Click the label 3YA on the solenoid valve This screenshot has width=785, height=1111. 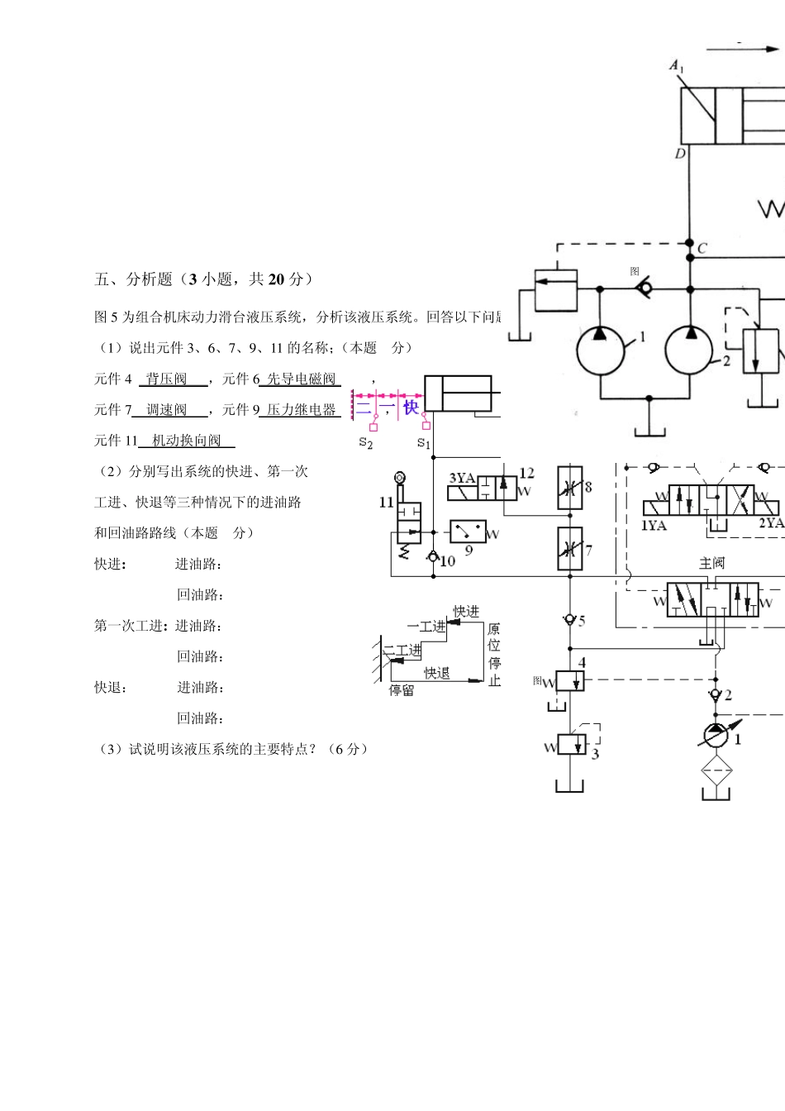click(462, 478)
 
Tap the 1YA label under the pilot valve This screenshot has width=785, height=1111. click(654, 525)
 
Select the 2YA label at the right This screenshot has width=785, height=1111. click(770, 523)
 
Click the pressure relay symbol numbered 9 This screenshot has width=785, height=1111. click(468, 531)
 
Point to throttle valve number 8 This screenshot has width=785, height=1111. click(570, 488)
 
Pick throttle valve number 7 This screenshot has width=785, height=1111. click(570, 548)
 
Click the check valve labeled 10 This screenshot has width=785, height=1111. click(432, 557)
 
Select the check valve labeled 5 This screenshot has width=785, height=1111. click(569, 619)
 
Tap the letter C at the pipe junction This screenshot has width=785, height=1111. click(702, 248)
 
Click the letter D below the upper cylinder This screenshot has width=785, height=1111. click(679, 154)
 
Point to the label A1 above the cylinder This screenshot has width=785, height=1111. click(677, 66)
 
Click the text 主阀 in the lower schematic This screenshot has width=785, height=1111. click(711, 563)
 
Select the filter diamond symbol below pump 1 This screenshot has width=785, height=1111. click(716, 770)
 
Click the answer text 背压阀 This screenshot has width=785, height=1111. click(167, 379)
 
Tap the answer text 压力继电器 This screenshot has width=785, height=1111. click(301, 410)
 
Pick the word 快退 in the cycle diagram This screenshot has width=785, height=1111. click(437, 673)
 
